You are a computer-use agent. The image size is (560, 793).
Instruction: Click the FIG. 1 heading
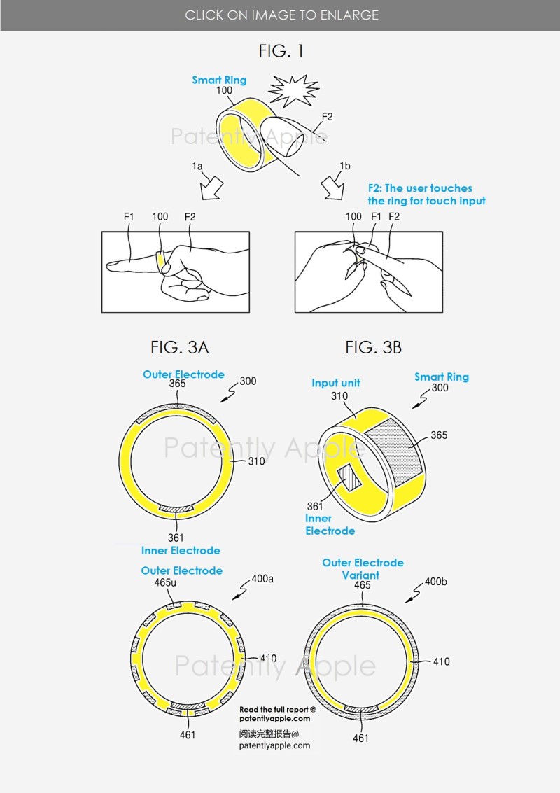coord(281,51)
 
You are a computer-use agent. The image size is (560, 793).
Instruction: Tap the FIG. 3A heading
coord(180,347)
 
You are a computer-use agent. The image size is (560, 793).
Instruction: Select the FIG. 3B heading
coord(373,347)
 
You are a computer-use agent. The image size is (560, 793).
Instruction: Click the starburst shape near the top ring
coord(293,90)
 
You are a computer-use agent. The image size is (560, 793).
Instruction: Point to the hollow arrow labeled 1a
coord(211,188)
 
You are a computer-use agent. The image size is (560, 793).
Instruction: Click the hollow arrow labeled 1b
coord(334,188)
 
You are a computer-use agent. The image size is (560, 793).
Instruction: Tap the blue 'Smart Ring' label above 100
coord(219,80)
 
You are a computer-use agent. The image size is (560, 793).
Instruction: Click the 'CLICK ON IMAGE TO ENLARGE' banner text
coord(282,15)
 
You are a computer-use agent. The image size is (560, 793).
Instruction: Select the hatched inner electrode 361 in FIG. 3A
coord(176,508)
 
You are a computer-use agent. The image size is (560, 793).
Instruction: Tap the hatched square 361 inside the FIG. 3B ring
coord(349,479)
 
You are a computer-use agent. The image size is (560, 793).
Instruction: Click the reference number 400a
coord(262,579)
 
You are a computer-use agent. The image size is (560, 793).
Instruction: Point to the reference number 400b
coord(435,582)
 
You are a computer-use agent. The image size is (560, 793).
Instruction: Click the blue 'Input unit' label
coord(336,383)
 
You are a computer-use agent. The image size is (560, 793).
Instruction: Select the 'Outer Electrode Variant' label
coord(363,569)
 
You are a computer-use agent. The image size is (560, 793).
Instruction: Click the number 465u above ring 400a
coord(165,582)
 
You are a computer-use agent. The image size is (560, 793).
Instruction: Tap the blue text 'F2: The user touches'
coord(420,188)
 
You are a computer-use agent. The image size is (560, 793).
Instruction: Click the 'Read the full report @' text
coord(278,710)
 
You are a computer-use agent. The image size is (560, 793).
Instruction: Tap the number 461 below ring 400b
coord(360,738)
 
